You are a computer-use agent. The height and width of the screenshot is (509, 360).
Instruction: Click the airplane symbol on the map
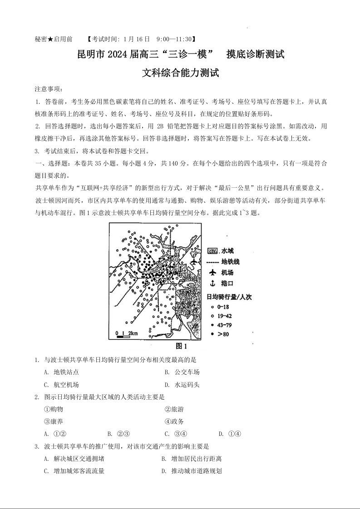[x=194, y=262]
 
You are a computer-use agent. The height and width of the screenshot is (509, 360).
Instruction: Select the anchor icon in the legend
[x=212, y=284]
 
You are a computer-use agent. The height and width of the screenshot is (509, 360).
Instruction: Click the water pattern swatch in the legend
[x=212, y=251]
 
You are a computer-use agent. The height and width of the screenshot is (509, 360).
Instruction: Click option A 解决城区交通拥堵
[x=72, y=459]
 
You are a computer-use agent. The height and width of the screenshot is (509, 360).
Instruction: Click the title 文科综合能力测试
[x=181, y=73]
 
